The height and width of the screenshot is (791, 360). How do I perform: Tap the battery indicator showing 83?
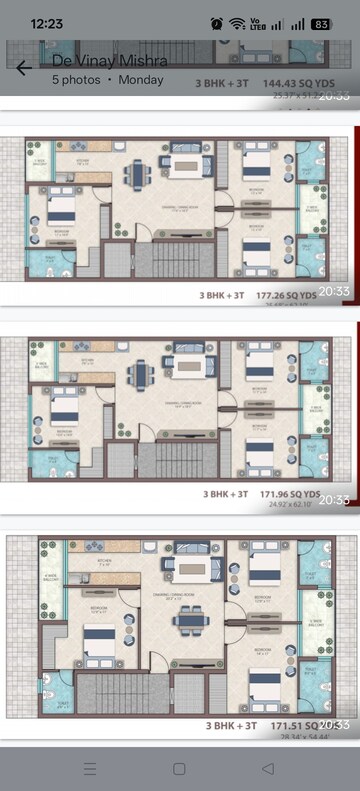(x=321, y=23)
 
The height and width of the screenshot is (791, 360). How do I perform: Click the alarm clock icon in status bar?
(x=217, y=23)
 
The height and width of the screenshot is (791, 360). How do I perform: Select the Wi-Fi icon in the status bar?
(x=237, y=23)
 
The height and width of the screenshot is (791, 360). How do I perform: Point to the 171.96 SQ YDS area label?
(x=281, y=493)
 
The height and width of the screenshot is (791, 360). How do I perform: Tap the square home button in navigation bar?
(x=179, y=768)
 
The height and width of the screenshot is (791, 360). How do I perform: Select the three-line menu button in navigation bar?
(x=90, y=768)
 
